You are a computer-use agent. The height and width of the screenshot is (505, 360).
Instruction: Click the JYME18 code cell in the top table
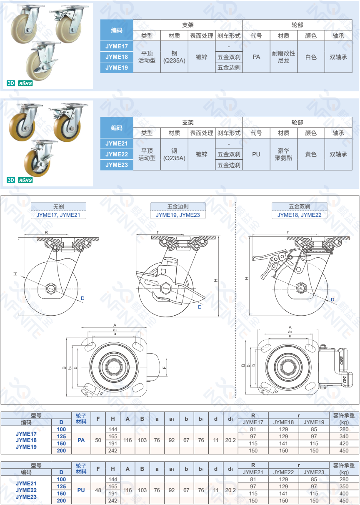[x=117, y=57]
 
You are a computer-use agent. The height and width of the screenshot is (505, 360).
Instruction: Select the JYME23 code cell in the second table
[x=117, y=165]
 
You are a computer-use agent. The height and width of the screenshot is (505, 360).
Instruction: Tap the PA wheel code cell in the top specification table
[x=256, y=57]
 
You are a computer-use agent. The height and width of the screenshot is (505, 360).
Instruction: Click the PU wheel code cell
[x=256, y=154]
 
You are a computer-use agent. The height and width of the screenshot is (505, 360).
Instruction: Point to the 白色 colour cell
[x=311, y=57]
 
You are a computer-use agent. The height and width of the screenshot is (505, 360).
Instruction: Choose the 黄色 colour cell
[x=311, y=154]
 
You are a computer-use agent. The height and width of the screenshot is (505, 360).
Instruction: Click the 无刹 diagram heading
[x=58, y=206]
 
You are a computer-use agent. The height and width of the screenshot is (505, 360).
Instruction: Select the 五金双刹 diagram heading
[x=300, y=206]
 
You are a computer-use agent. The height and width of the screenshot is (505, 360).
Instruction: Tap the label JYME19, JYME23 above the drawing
[x=178, y=215]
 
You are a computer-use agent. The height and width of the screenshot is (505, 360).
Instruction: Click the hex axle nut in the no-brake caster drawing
[x=51, y=288]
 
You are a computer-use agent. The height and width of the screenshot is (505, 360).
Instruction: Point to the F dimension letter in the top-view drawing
[x=165, y=368]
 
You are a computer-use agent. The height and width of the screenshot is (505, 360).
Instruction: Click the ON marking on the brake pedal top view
[x=345, y=379]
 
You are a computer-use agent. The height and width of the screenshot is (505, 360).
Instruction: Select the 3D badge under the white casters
[x=11, y=83]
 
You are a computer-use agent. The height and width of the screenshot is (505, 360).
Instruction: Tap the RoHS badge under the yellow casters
[x=25, y=180]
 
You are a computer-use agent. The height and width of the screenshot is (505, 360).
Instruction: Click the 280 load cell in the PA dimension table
[x=344, y=429]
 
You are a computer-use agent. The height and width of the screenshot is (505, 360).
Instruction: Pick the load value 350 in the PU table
[x=344, y=486]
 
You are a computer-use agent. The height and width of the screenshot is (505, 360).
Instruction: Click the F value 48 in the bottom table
[x=98, y=490]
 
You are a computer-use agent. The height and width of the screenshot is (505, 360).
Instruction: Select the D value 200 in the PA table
[x=61, y=450]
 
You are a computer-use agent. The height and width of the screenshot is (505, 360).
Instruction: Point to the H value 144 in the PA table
[x=112, y=429]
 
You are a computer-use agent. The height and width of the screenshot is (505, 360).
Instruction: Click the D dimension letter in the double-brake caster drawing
[x=332, y=299]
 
